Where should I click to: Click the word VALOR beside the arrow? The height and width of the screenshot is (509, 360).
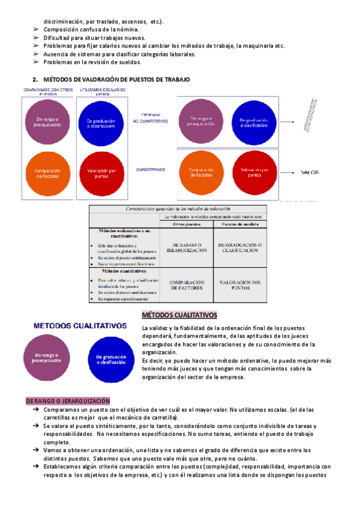pos(310,172)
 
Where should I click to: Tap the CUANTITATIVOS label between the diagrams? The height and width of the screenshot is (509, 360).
pos(150,170)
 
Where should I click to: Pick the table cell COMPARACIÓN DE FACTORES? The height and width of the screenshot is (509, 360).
pos(187,285)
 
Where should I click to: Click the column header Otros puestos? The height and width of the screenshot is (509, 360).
pos(187,224)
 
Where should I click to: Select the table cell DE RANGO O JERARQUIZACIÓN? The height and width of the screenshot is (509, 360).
pos(187,248)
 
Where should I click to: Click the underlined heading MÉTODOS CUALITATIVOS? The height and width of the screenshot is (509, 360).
pos(179,315)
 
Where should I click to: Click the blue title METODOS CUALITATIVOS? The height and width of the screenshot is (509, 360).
pos(80,326)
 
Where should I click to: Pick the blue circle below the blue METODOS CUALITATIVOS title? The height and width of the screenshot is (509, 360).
pos(106,360)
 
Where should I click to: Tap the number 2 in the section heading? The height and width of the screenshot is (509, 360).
pos(35,79)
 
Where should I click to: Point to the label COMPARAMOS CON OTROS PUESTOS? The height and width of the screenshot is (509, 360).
pos(48,92)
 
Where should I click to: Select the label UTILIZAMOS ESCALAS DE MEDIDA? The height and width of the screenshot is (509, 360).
pos(103,92)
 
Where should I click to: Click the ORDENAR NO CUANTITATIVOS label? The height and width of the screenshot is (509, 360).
pos(150,118)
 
